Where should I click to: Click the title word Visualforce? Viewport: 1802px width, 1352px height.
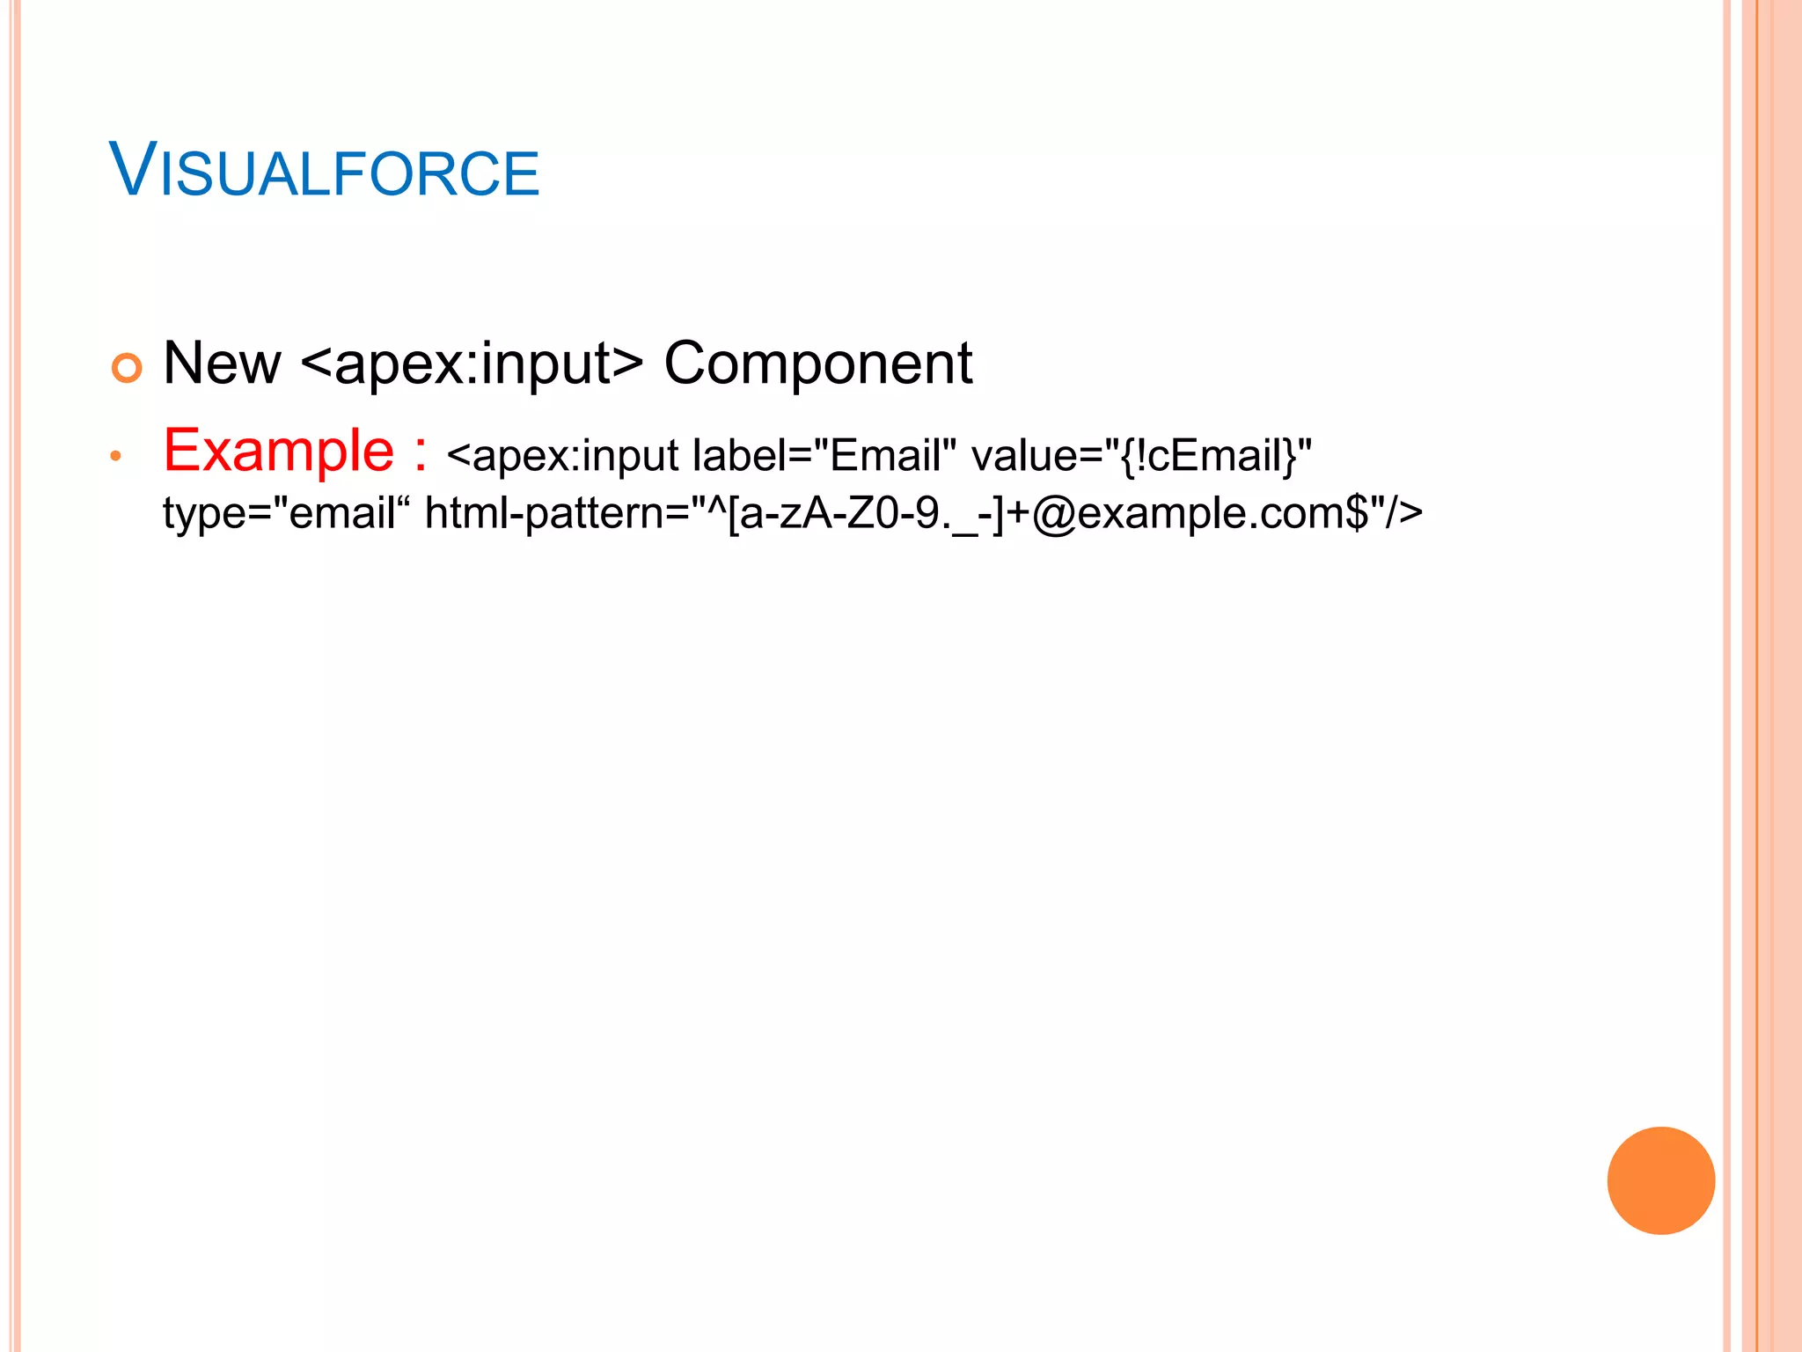click(324, 171)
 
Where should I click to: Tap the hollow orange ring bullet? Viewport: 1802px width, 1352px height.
click(127, 367)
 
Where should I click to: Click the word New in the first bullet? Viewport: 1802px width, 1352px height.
click(222, 363)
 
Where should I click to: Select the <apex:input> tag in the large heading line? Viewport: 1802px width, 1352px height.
click(472, 363)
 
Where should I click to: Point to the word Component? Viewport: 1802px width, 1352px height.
click(817, 363)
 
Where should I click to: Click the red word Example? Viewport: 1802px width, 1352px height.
click(279, 451)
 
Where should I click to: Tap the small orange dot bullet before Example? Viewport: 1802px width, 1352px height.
click(115, 456)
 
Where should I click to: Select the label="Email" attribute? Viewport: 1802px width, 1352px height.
click(824, 456)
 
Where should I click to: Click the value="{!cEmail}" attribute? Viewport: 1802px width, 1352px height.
click(1141, 456)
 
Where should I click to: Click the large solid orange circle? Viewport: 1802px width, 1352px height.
click(1660, 1180)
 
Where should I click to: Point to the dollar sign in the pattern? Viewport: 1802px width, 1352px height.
click(1358, 513)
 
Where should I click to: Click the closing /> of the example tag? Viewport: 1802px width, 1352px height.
click(1403, 513)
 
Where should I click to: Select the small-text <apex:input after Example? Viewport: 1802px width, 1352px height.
click(562, 456)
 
